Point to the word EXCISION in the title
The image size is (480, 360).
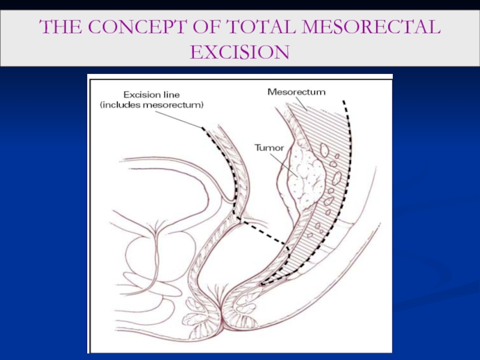(x=239, y=53)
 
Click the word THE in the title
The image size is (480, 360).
(x=59, y=28)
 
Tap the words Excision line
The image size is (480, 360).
(x=150, y=94)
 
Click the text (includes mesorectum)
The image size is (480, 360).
(x=152, y=105)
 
